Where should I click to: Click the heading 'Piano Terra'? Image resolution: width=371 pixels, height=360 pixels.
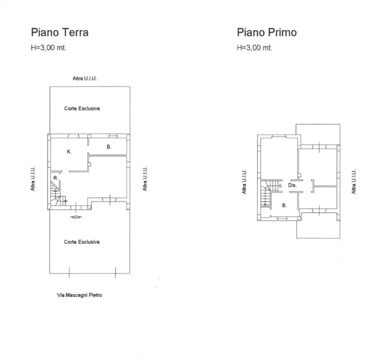click(59, 32)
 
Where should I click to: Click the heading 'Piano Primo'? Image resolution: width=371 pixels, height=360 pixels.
click(266, 32)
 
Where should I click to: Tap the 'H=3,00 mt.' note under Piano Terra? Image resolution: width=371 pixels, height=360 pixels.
click(48, 48)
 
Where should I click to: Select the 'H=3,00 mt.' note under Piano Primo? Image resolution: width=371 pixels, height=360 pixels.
click(254, 48)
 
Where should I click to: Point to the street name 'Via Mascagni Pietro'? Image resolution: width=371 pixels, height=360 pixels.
click(79, 295)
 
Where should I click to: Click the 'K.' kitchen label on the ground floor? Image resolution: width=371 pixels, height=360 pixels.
click(69, 151)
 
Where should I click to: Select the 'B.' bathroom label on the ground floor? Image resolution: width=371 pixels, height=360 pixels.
click(109, 147)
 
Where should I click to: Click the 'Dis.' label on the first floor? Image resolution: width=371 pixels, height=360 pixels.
click(293, 185)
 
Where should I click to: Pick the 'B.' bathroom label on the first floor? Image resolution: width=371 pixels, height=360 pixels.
click(284, 205)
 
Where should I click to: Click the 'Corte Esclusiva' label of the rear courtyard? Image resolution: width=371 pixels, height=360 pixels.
click(82, 108)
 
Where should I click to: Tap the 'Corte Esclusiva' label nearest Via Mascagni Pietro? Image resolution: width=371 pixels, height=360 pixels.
click(82, 242)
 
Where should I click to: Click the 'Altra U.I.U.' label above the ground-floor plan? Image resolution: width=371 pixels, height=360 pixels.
click(84, 79)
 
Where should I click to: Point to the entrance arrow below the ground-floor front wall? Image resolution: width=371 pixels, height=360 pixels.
click(75, 216)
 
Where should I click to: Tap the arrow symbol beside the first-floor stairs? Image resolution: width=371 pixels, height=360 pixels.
click(280, 185)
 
